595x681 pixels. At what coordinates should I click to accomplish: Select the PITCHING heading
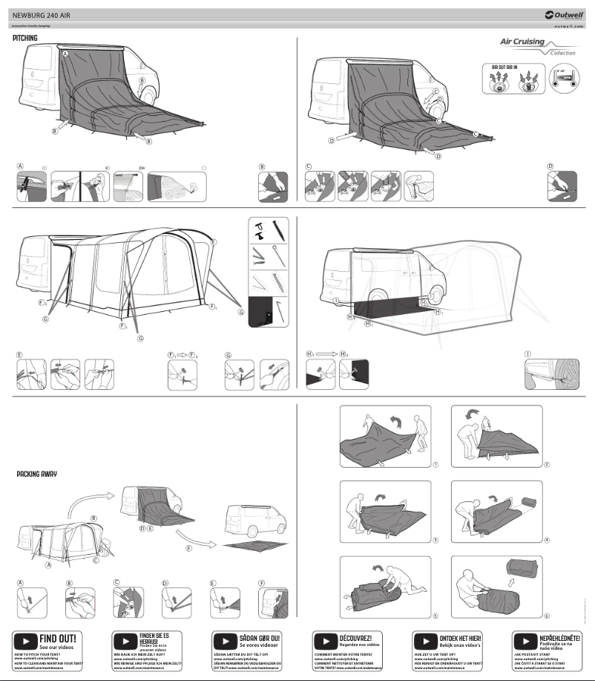tap(25, 38)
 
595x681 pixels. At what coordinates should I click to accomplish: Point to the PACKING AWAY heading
tap(36, 473)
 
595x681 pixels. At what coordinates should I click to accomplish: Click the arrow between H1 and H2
tap(323, 354)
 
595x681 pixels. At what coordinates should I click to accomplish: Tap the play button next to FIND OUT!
tap(26, 641)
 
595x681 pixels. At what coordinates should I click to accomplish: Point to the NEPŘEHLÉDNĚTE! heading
tap(561, 637)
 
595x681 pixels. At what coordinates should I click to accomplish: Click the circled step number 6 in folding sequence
tap(547, 616)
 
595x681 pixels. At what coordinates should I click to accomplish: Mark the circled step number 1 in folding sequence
tap(435, 463)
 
